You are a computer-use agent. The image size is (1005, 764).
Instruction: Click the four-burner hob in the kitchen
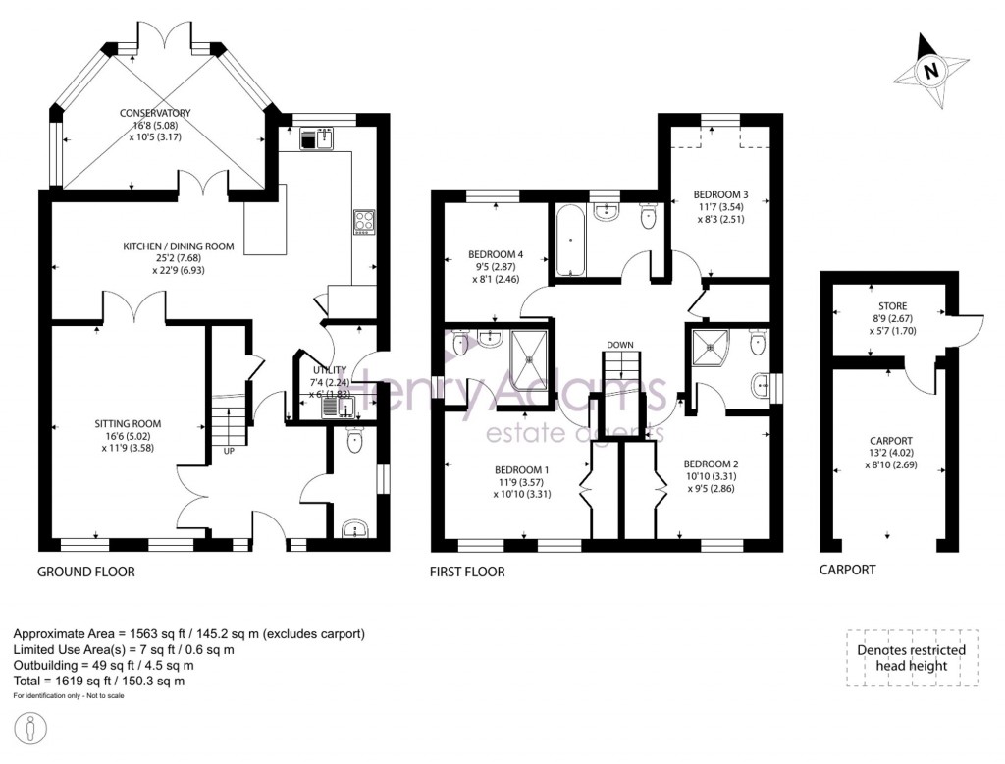pos(363,222)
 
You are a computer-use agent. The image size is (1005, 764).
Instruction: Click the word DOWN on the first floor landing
pos(620,345)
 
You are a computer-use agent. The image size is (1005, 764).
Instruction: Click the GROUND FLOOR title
pos(86,571)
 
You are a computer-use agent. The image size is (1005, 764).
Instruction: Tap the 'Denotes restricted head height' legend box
pos(911,657)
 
